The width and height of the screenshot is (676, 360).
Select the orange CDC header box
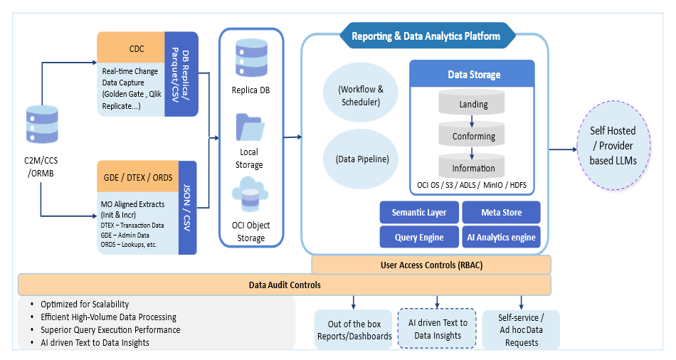(x=131, y=48)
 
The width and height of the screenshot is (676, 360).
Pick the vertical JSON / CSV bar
(x=187, y=207)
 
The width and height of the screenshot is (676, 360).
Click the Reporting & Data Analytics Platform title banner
(x=426, y=36)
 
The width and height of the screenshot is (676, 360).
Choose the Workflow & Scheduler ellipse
(x=361, y=95)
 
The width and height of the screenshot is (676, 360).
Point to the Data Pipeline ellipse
(x=361, y=159)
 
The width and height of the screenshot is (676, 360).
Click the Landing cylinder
(x=473, y=104)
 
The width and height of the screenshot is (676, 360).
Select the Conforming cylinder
(x=473, y=135)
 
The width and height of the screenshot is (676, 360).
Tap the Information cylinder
(x=473, y=168)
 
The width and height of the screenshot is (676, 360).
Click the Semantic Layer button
(x=419, y=212)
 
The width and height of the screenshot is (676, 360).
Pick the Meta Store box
(x=501, y=212)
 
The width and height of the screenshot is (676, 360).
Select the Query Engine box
(x=419, y=238)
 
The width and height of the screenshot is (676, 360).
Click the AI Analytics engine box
(x=501, y=238)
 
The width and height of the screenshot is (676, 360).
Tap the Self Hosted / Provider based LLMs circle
(x=613, y=146)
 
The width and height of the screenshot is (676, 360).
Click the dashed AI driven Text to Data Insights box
(x=437, y=329)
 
